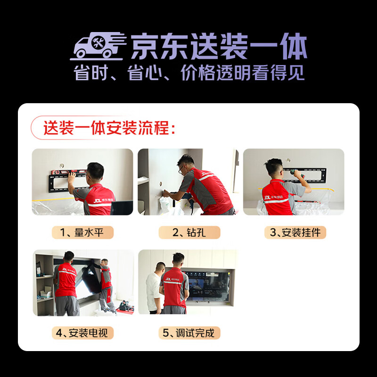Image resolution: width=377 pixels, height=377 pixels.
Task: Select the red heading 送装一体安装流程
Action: tap(109, 128)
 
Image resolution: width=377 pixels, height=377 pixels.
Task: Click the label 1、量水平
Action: tap(82, 232)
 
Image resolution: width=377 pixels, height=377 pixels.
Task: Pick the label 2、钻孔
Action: tap(189, 232)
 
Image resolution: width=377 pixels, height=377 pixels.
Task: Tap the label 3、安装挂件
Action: tap(295, 232)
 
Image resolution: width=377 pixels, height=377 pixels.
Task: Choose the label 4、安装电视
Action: tap(82, 333)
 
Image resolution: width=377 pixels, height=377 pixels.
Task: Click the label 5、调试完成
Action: tap(189, 333)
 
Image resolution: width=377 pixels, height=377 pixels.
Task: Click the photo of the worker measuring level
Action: tap(82, 182)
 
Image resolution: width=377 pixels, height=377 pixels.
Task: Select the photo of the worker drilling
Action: tap(188, 182)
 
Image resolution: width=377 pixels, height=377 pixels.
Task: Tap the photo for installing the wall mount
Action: tap(294, 182)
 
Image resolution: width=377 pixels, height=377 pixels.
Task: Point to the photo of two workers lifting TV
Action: tap(82, 283)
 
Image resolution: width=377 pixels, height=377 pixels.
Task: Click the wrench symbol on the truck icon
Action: tap(99, 41)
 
